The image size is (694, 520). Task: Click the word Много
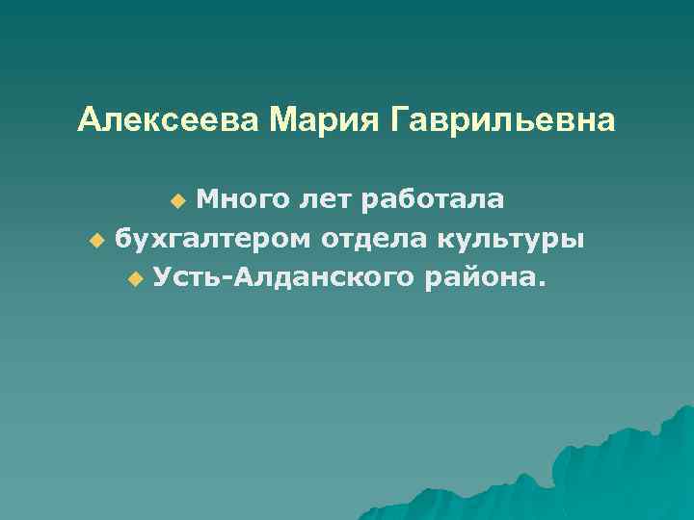point(238,199)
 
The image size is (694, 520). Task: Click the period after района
point(540,285)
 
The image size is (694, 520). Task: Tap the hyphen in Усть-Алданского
point(228,280)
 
